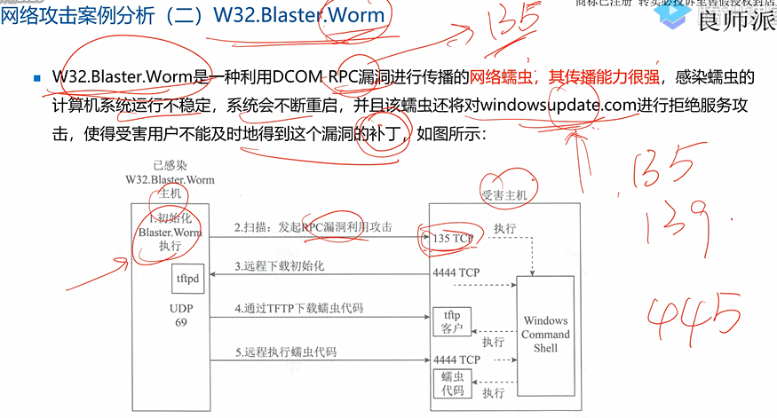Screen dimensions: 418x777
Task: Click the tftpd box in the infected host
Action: coord(187,279)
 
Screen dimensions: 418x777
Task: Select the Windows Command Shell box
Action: coord(545,333)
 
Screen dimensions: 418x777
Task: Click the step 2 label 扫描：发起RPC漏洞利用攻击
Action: coord(313,228)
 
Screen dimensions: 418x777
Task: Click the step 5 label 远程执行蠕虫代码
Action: coord(287,351)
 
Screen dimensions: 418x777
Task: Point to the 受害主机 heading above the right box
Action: coord(504,194)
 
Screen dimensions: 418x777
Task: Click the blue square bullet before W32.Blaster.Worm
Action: coord(37,78)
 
